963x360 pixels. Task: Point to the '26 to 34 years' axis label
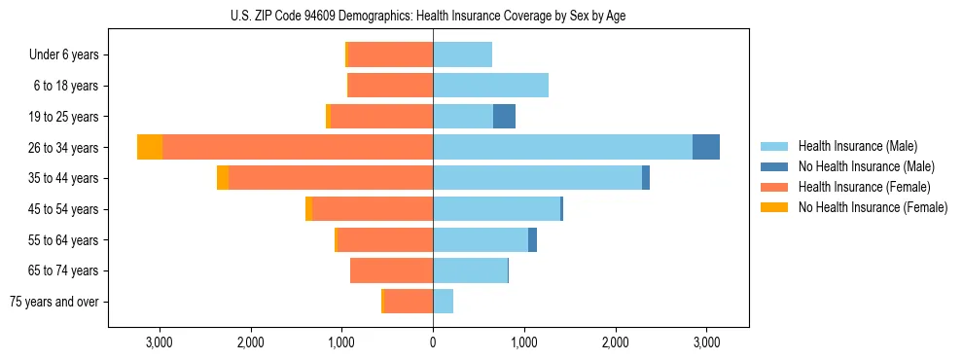pos(64,148)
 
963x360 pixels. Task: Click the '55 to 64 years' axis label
pos(64,240)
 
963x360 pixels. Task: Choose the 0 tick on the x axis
pos(433,342)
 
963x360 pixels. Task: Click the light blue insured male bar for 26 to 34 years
pos(562,147)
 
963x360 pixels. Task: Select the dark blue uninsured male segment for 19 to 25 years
pos(504,117)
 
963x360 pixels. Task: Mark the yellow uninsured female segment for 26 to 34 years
pos(150,147)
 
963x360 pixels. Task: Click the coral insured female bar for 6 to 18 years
pos(390,86)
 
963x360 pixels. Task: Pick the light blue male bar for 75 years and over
pos(443,302)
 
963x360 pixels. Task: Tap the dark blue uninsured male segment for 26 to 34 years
pos(706,147)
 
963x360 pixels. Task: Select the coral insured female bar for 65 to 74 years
pos(391,270)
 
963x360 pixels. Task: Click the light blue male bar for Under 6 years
pos(462,54)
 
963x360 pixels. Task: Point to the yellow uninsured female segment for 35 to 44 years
pos(223,178)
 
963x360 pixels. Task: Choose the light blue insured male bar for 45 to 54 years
pos(496,209)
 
